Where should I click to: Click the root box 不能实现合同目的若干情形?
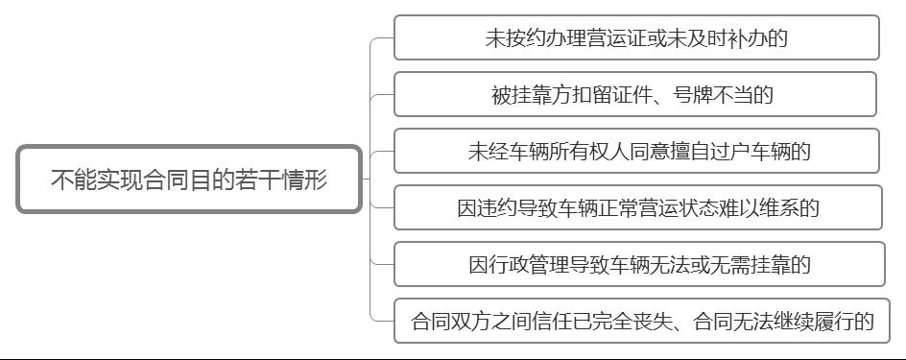coord(189,180)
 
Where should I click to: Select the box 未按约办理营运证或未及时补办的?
coord(636,38)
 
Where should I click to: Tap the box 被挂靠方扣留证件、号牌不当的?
coord(635,94)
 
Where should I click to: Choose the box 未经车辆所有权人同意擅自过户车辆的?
coord(636,151)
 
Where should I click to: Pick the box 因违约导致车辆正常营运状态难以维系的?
coord(637,207)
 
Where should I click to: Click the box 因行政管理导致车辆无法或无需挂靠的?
coord(639,264)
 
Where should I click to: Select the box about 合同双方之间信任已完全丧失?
coord(642,321)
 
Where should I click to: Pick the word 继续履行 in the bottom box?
coord(808,321)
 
